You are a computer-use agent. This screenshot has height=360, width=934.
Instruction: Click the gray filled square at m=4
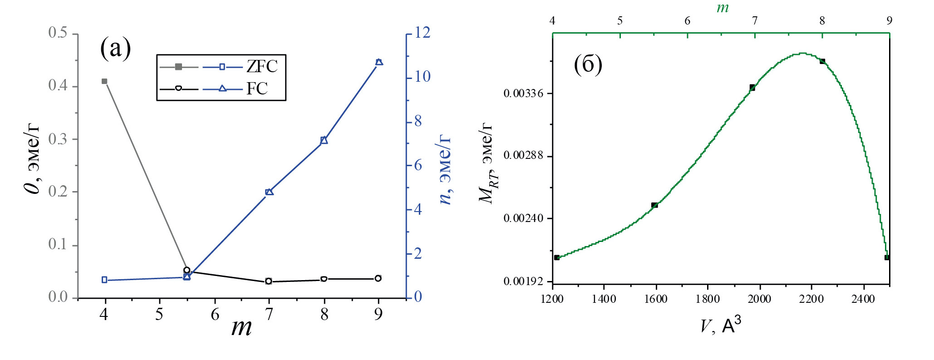tap(104, 81)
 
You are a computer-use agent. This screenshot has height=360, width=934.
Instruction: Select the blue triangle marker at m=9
tap(379, 62)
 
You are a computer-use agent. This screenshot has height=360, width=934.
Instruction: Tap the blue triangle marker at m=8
tap(324, 140)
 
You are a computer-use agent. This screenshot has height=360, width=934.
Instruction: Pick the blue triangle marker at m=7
tap(269, 192)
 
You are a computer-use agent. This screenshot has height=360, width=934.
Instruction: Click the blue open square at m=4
tap(104, 280)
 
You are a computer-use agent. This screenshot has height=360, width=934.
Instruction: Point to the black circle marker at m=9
tap(378, 278)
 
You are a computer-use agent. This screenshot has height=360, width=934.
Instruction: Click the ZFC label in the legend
tap(262, 67)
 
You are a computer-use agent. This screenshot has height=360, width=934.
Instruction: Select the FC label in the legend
tap(257, 89)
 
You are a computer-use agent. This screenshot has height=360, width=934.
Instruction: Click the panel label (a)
tap(115, 48)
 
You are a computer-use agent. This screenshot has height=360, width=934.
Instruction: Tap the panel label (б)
tap(588, 64)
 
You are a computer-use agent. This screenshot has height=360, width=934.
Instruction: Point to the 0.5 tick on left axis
tap(58, 33)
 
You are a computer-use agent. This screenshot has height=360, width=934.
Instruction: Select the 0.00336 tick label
tap(523, 94)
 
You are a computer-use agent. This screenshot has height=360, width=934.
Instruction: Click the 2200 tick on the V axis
tap(811, 299)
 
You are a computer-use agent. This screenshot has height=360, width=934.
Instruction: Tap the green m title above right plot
tap(722, 8)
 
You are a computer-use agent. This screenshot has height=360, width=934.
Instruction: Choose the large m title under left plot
tap(241, 327)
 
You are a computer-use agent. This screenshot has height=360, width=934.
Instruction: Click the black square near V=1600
tap(654, 205)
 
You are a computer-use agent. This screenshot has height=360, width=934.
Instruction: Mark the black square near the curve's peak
tap(822, 61)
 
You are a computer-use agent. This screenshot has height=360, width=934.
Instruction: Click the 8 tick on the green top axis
tap(822, 20)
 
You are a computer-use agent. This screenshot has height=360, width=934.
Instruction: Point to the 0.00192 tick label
tap(523, 281)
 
